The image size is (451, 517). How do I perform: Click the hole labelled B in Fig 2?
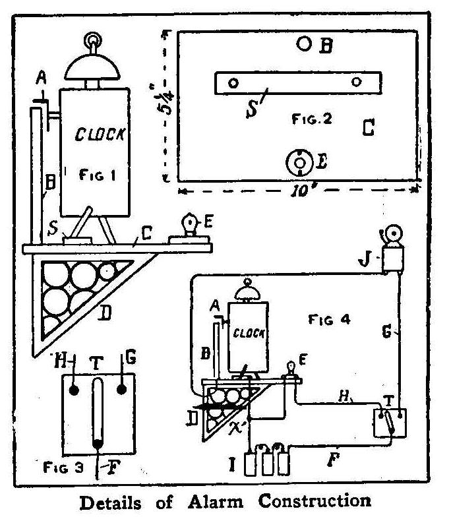coord(304,44)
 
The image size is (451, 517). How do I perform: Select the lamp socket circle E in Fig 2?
coord(299,160)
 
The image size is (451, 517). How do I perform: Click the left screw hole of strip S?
coord(233,83)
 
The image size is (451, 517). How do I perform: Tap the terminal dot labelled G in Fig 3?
coord(121,389)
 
